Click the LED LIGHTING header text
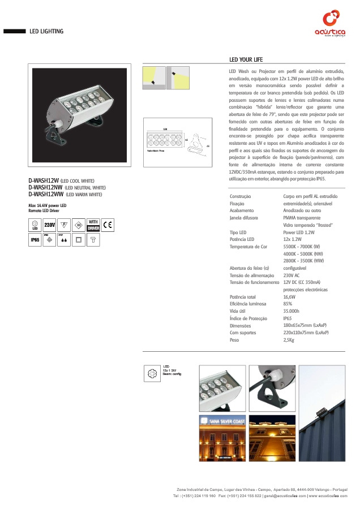point(46,32)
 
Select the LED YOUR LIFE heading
point(246,60)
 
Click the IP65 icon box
point(35,240)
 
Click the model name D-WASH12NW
point(45,188)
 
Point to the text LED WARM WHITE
point(84,195)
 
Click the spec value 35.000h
point(292,311)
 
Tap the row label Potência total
point(243,296)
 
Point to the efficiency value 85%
point(288,304)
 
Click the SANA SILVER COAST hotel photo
point(222,438)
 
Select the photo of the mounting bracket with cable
point(272,387)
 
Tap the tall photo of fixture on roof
point(322,412)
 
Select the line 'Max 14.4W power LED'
point(48,205)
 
